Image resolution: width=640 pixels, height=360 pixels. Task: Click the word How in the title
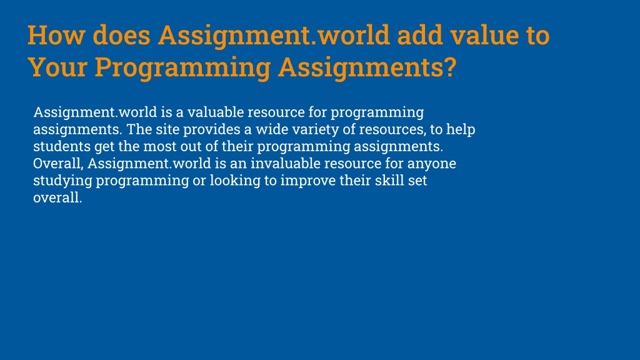[56, 35]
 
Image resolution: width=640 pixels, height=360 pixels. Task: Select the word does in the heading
[121, 35]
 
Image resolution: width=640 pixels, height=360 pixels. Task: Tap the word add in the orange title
[419, 35]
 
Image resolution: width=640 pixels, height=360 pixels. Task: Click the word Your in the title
[57, 67]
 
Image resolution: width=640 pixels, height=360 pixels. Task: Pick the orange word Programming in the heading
[183, 68]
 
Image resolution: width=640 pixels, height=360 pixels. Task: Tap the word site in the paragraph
[167, 129]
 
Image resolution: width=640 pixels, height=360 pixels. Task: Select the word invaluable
[285, 163]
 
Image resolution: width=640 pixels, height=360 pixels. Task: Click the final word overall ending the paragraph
[57, 197]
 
